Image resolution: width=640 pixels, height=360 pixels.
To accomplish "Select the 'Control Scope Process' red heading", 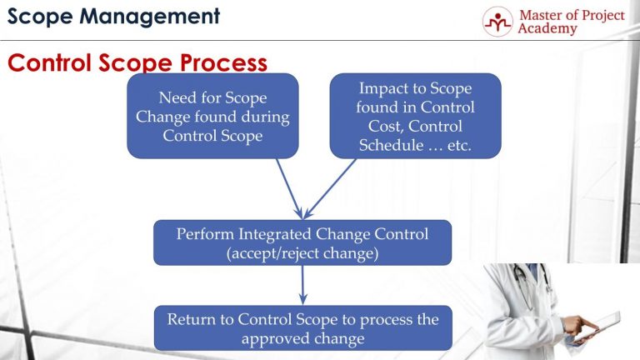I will click(x=137, y=63).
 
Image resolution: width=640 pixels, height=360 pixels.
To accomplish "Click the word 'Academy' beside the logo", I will click(x=547, y=29).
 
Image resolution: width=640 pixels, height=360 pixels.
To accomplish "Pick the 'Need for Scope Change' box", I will click(x=212, y=116).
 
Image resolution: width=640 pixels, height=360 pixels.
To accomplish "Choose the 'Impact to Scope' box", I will click(x=415, y=116).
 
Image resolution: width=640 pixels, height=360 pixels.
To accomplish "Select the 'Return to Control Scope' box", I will click(x=302, y=327).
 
